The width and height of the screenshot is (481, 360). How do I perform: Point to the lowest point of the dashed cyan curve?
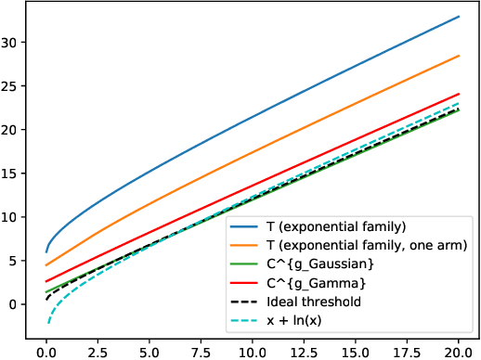click(48, 324)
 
